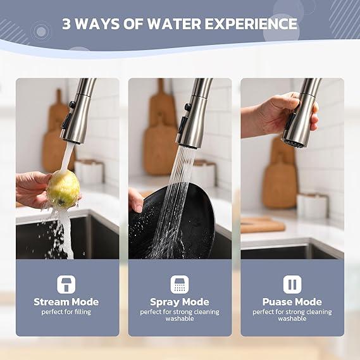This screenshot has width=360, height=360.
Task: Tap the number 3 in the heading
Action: (67, 24)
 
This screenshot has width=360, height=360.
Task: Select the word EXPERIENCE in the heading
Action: (253, 24)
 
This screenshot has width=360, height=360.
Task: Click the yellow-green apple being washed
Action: (63, 189)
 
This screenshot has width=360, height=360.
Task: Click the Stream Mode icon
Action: (67, 284)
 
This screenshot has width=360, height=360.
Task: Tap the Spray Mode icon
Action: (180, 284)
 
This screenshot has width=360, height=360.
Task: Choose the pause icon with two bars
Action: (292, 284)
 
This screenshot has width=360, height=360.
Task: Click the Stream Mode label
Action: (66, 302)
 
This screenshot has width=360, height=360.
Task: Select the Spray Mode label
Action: (180, 302)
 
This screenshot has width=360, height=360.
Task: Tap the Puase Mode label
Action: (292, 302)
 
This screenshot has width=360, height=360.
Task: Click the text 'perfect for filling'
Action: (66, 312)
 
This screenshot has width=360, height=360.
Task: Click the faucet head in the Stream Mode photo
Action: (76, 120)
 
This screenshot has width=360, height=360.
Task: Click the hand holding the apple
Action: (32, 189)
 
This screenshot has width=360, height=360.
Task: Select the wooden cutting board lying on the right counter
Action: (263, 225)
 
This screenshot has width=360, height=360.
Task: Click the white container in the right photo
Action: (311, 206)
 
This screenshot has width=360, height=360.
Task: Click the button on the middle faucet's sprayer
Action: (187, 108)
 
